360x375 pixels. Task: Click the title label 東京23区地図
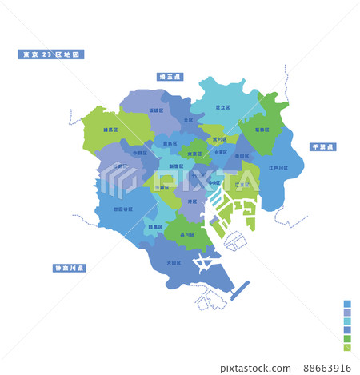click(51, 55)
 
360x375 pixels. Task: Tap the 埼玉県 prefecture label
click(170, 77)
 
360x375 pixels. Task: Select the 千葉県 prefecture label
click(325, 147)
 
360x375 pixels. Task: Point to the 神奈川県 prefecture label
click(69, 268)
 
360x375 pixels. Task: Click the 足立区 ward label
click(224, 106)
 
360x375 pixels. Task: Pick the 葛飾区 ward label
click(262, 128)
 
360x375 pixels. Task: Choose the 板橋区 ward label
click(156, 110)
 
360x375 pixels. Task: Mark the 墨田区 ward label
click(241, 157)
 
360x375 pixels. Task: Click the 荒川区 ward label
click(221, 138)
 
